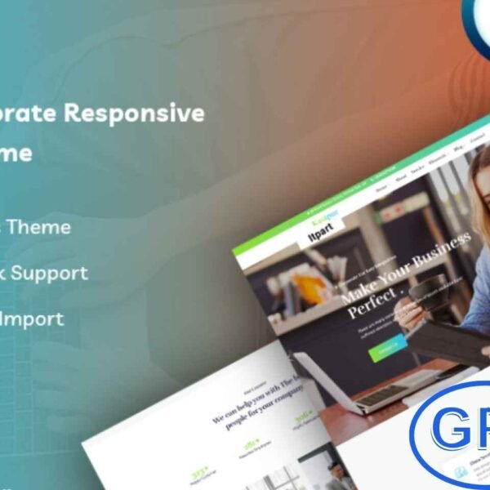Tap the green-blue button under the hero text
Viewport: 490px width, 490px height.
tap(388, 346)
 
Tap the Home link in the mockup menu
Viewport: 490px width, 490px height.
tap(381, 186)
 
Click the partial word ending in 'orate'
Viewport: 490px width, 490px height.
tap(24, 114)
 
